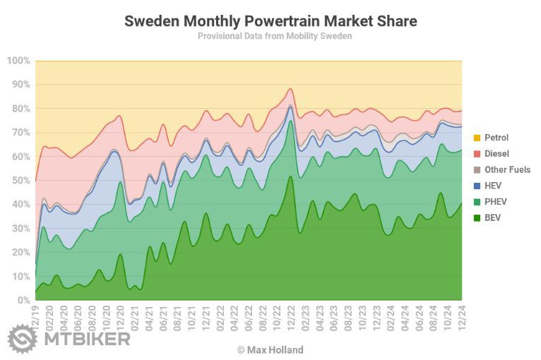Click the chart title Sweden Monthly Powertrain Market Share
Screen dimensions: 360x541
(x=270, y=21)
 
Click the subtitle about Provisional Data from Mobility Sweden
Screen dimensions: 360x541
(x=275, y=36)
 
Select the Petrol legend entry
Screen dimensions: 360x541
(x=496, y=138)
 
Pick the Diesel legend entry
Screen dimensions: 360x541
(x=497, y=154)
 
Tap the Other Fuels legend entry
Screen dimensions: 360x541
(x=507, y=170)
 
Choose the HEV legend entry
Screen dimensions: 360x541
(x=494, y=186)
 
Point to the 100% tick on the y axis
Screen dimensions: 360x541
(x=18, y=61)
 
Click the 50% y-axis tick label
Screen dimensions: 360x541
(x=20, y=181)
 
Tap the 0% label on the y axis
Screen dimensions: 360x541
(x=23, y=300)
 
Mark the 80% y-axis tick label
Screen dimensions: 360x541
(x=20, y=109)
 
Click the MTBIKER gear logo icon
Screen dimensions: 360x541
(x=22, y=339)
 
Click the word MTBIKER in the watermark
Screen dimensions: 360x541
(x=86, y=340)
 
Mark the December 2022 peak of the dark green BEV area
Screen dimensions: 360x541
(x=290, y=176)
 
